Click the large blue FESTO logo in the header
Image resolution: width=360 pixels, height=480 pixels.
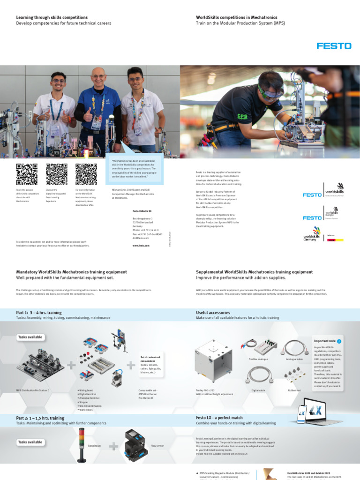(x=334, y=46)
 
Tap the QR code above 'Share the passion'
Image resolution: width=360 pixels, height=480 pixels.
(x=27, y=174)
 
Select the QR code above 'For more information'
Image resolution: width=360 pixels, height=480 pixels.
(x=86, y=174)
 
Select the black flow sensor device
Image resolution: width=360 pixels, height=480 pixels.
(x=136, y=444)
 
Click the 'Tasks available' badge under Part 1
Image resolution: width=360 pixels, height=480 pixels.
(x=30, y=337)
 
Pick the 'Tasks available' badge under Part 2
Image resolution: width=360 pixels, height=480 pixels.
(x=30, y=442)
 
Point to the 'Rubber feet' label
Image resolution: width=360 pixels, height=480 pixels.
(x=294, y=390)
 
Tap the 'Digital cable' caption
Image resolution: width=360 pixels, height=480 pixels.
(x=258, y=390)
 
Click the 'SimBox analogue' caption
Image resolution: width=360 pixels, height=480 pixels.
(x=258, y=359)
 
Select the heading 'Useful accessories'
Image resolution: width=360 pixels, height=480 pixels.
(x=213, y=312)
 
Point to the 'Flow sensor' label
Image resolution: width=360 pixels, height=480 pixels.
(x=157, y=445)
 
